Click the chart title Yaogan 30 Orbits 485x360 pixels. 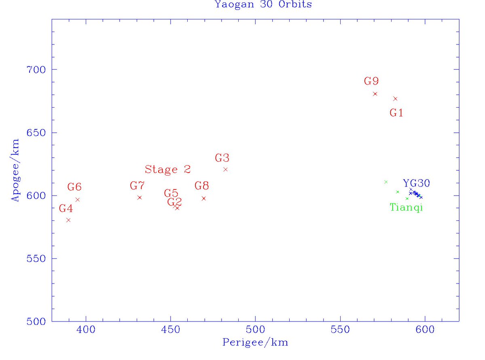coord(263,4)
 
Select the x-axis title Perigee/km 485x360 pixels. coord(255,342)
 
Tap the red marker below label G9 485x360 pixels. coord(375,93)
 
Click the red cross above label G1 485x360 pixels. coord(395,99)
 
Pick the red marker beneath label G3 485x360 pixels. coord(225,169)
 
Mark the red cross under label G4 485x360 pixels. coord(68,220)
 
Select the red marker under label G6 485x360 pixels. coord(77,199)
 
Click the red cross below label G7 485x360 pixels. coord(140,197)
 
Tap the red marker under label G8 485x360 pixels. coord(203,198)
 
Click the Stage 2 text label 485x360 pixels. coord(167,169)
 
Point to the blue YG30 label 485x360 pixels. coord(416,183)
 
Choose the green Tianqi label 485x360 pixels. coord(406,208)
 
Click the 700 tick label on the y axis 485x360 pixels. coord(35,70)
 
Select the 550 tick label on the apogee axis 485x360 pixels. coord(35,258)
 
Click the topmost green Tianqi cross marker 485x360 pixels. coord(386,182)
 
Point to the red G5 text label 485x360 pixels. coord(171,193)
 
